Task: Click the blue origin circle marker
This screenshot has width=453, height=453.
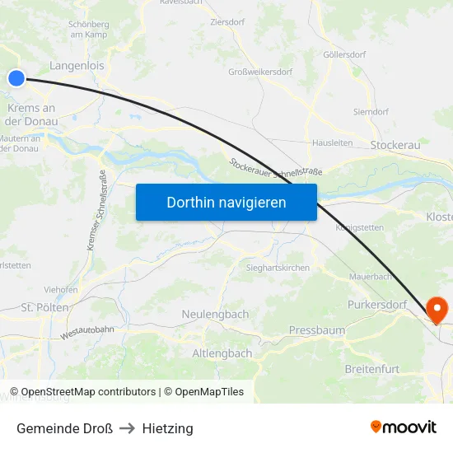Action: point(16,78)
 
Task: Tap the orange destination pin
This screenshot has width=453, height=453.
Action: point(437,309)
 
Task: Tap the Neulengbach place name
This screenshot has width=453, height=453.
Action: point(215,315)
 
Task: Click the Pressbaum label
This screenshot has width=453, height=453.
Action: point(317,330)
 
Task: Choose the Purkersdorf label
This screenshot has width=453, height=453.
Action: point(377,305)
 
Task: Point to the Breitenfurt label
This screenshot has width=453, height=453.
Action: point(376,368)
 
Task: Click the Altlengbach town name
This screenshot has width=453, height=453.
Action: point(222,353)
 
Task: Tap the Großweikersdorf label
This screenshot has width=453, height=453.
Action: point(259,72)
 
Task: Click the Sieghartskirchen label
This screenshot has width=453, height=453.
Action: point(278,269)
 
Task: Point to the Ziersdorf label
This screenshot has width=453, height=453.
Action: point(227,23)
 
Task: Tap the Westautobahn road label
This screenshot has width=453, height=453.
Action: point(87,332)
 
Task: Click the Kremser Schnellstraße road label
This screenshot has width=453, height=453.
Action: point(97,210)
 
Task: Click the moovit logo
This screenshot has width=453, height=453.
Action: point(403,427)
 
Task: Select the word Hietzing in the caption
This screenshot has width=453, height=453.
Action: point(167,428)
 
